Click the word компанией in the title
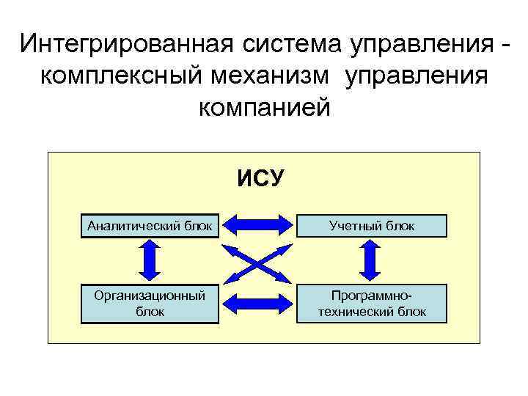(265, 108)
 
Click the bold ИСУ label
(263, 177)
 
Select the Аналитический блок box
(150, 226)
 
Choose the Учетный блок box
(372, 226)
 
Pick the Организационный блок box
(150, 304)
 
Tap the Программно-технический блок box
(372, 304)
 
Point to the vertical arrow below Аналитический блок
(150, 262)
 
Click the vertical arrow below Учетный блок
(370, 262)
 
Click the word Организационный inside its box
(150, 296)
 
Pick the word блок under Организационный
(150, 312)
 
